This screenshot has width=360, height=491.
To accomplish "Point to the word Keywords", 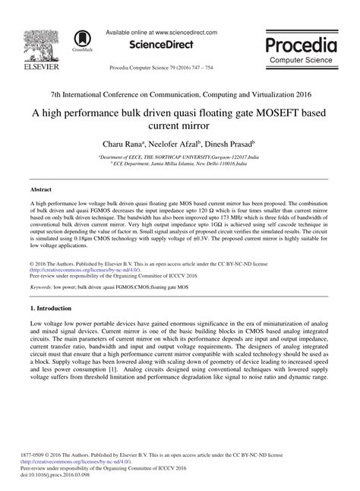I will coord(41,288).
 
